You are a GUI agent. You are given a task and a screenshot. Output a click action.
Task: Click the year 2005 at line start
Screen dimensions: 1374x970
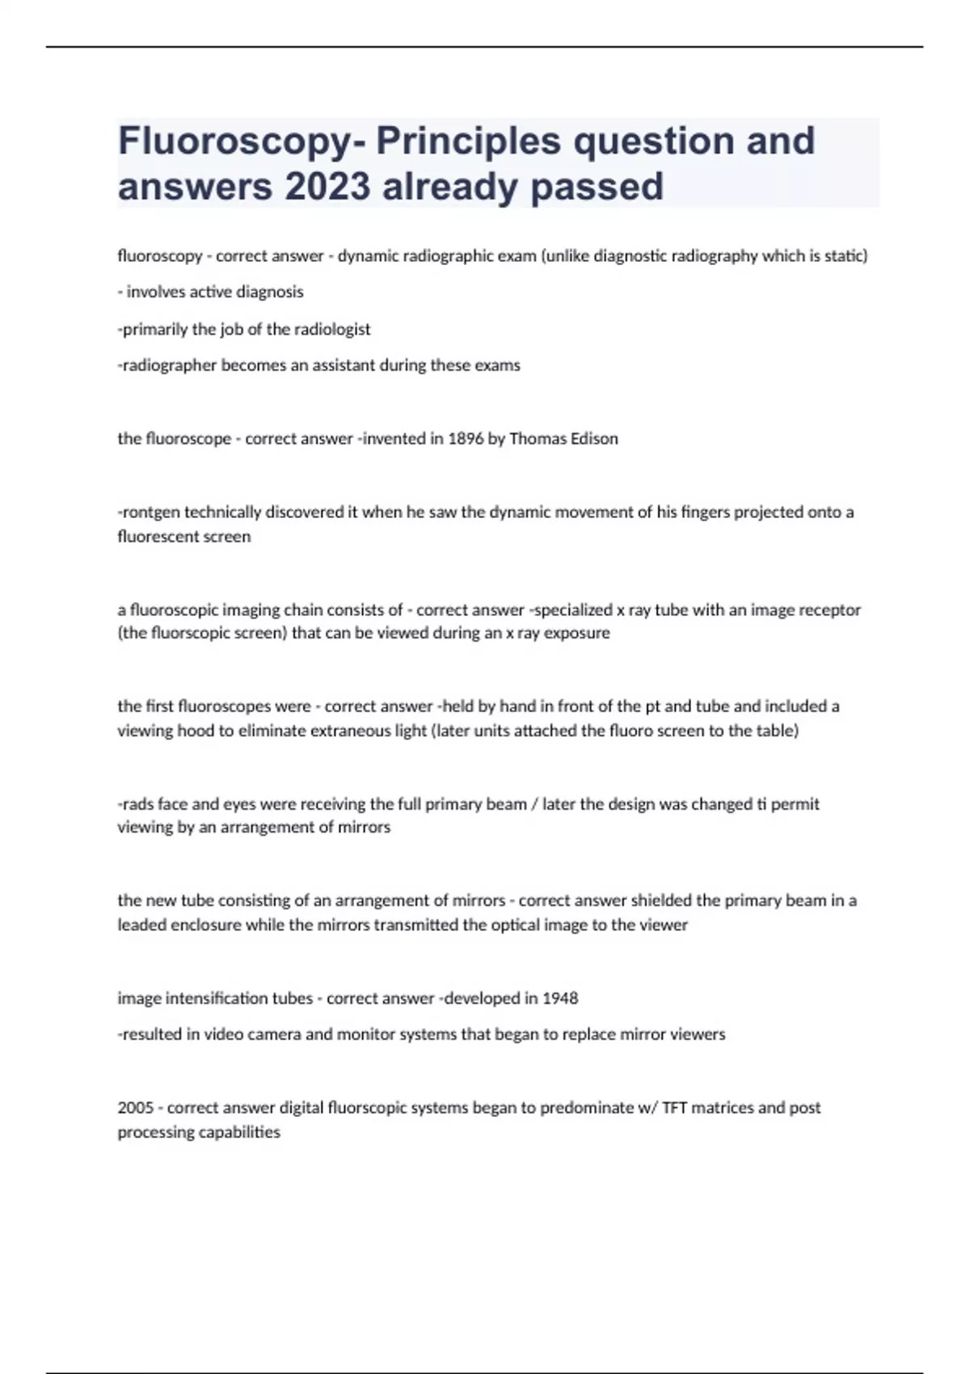click(x=136, y=1108)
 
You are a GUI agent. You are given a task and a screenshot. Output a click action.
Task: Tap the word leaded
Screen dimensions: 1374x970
click(x=143, y=925)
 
